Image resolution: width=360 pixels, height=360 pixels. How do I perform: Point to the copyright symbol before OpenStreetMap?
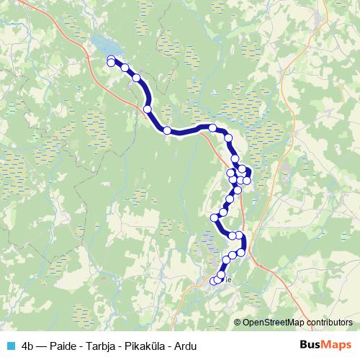238,323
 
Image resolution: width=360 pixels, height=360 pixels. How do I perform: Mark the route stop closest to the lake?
111,60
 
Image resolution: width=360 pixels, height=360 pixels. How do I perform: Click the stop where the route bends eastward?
167,130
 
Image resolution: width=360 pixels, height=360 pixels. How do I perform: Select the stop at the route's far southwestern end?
213,281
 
